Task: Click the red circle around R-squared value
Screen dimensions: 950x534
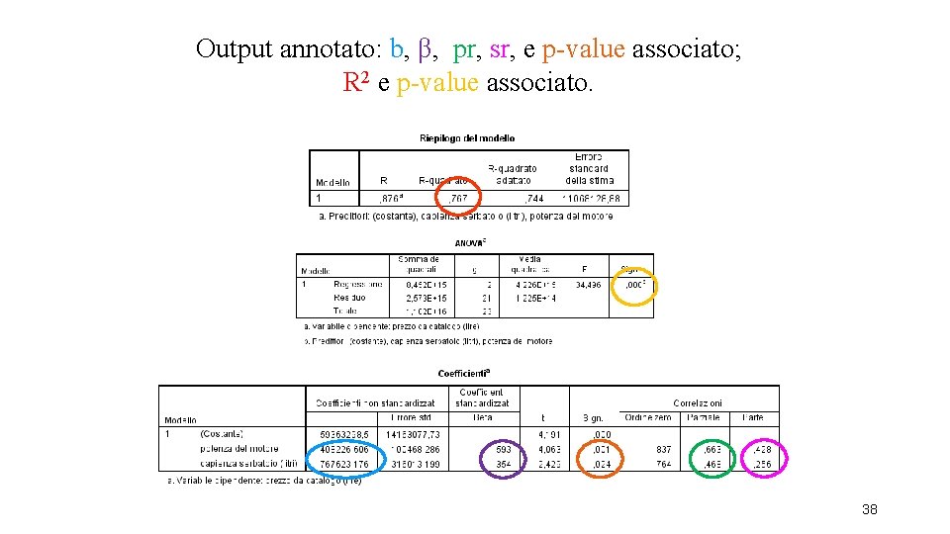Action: [x=457, y=197]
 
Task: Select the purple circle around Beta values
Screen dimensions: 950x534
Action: [x=505, y=457]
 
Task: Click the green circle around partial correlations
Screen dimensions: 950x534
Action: [x=712, y=457]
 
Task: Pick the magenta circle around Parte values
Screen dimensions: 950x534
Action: [x=762, y=457]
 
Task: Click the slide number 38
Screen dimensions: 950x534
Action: [x=870, y=509]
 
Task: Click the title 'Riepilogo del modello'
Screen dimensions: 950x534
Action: [x=467, y=138]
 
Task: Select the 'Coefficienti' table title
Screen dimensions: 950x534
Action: [x=464, y=374]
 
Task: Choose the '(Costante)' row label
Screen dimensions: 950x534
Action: [x=223, y=433]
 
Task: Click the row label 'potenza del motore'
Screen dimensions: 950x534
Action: [x=237, y=449]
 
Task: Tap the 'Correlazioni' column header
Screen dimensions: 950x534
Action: [x=700, y=402]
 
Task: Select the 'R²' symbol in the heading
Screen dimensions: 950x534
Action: [x=355, y=81]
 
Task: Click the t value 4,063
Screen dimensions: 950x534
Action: [x=551, y=449]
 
